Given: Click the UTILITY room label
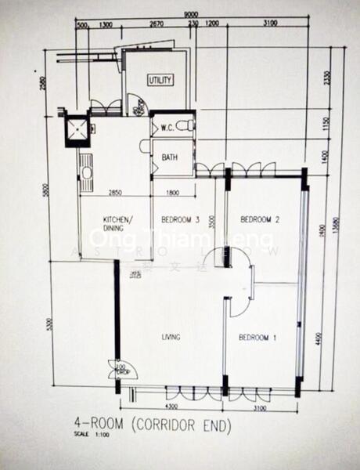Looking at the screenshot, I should click(x=160, y=80).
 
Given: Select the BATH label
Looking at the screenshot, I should click(x=170, y=157).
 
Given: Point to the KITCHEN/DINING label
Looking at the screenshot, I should click(x=119, y=223).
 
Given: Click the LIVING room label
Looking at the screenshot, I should click(x=171, y=338).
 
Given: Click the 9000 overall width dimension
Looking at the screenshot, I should click(x=190, y=15).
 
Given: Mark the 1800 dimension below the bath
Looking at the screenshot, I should click(x=171, y=193).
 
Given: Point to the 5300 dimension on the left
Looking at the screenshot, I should click(x=49, y=324).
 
